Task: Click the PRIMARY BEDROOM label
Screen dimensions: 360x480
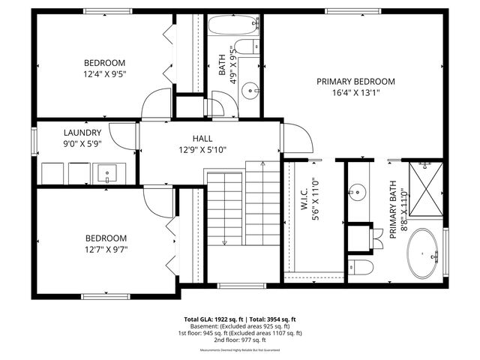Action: (355, 81)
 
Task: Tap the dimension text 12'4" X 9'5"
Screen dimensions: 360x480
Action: (104, 74)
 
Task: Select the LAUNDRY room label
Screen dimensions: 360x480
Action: (82, 132)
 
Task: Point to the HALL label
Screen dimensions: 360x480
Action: (202, 139)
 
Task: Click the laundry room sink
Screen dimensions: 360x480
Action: (107, 174)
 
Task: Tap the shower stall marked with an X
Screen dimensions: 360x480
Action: (426, 188)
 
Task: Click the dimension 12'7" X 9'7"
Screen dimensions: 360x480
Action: (106, 250)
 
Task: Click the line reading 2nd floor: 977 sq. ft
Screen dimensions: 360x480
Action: (239, 340)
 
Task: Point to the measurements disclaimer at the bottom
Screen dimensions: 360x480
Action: (239, 350)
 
